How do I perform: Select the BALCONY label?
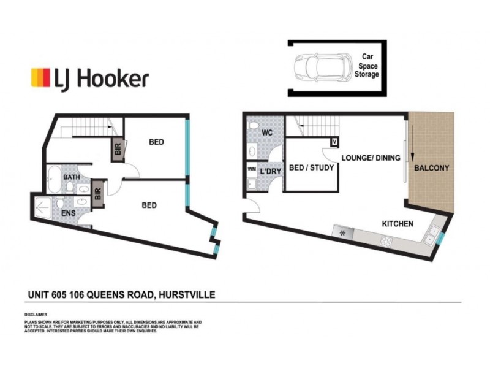432,168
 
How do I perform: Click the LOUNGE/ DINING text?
371,158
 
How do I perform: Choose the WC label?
267,133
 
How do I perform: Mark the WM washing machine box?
251,169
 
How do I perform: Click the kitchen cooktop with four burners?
387,241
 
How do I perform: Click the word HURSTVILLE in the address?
186,295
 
